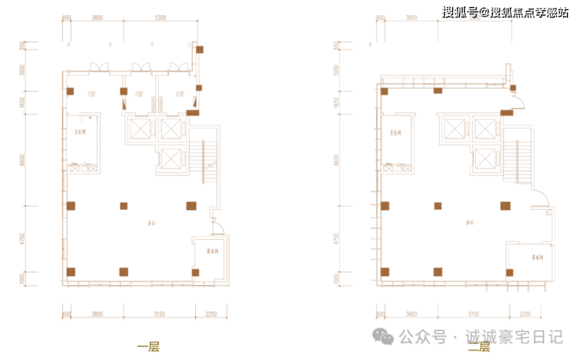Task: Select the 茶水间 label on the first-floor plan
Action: [x=212, y=252]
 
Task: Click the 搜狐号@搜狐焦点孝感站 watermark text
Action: [x=503, y=12]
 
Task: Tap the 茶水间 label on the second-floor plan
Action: [x=538, y=257]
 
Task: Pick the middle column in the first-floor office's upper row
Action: [x=123, y=206]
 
